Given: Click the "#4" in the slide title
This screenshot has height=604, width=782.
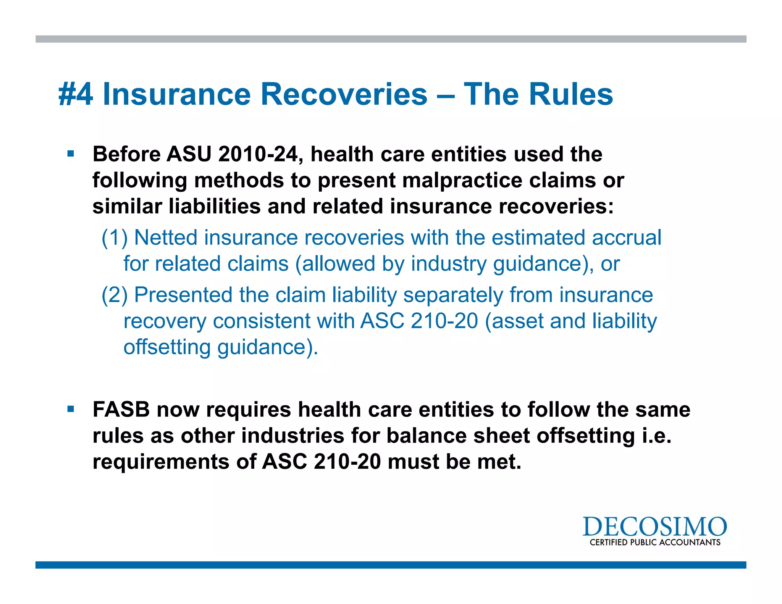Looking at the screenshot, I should point(76,94).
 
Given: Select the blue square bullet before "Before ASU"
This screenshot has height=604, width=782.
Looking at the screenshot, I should point(71,154).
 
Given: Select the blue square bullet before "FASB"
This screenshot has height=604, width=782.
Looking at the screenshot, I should point(71,409).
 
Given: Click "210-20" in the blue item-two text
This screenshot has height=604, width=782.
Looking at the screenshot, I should point(444,321).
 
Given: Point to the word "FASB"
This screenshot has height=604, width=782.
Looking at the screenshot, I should point(121,410).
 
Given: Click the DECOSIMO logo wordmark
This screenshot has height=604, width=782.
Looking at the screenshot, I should point(654,527).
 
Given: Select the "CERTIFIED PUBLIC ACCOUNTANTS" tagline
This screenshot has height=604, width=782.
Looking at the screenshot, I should point(655,543).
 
